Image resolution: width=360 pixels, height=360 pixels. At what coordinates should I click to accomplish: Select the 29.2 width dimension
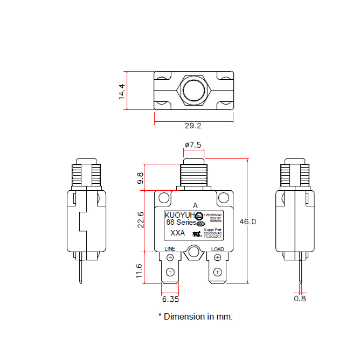pyautogui.click(x=193, y=126)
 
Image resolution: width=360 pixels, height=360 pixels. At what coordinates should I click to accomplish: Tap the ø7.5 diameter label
pyautogui.click(x=193, y=145)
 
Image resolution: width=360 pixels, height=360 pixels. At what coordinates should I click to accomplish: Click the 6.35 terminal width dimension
pyautogui.click(x=170, y=298)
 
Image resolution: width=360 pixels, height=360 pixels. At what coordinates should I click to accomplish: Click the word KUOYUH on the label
pyautogui.click(x=179, y=214)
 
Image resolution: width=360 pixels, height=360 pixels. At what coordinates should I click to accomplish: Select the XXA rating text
pyautogui.click(x=178, y=233)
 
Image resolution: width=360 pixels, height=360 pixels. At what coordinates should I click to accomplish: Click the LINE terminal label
pyautogui.click(x=170, y=249)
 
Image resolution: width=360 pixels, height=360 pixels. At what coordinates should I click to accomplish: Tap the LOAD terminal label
pyautogui.click(x=217, y=249)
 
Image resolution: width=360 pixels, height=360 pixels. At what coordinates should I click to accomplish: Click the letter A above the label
pyautogui.click(x=195, y=205)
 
